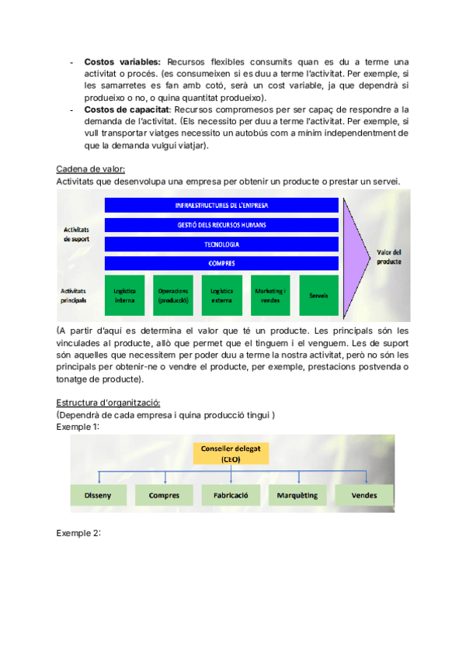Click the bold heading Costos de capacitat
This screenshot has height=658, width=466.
tap(127, 109)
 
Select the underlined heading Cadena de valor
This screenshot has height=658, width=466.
tap(91, 169)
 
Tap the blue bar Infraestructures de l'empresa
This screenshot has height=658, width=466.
tap(221, 206)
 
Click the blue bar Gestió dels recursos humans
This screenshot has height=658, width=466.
tap(221, 225)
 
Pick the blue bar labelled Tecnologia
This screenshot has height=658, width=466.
tap(221, 244)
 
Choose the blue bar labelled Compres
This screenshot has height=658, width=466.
tap(221, 263)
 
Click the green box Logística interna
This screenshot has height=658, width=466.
tap(124, 295)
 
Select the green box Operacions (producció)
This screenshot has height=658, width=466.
tap(172, 295)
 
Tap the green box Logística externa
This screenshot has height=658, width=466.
tap(221, 295)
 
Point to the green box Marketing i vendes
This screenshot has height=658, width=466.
tap(270, 295)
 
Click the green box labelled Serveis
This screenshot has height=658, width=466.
tap(318, 295)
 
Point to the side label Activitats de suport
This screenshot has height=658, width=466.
tap(76, 234)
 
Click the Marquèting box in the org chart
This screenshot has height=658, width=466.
tap(299, 494)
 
